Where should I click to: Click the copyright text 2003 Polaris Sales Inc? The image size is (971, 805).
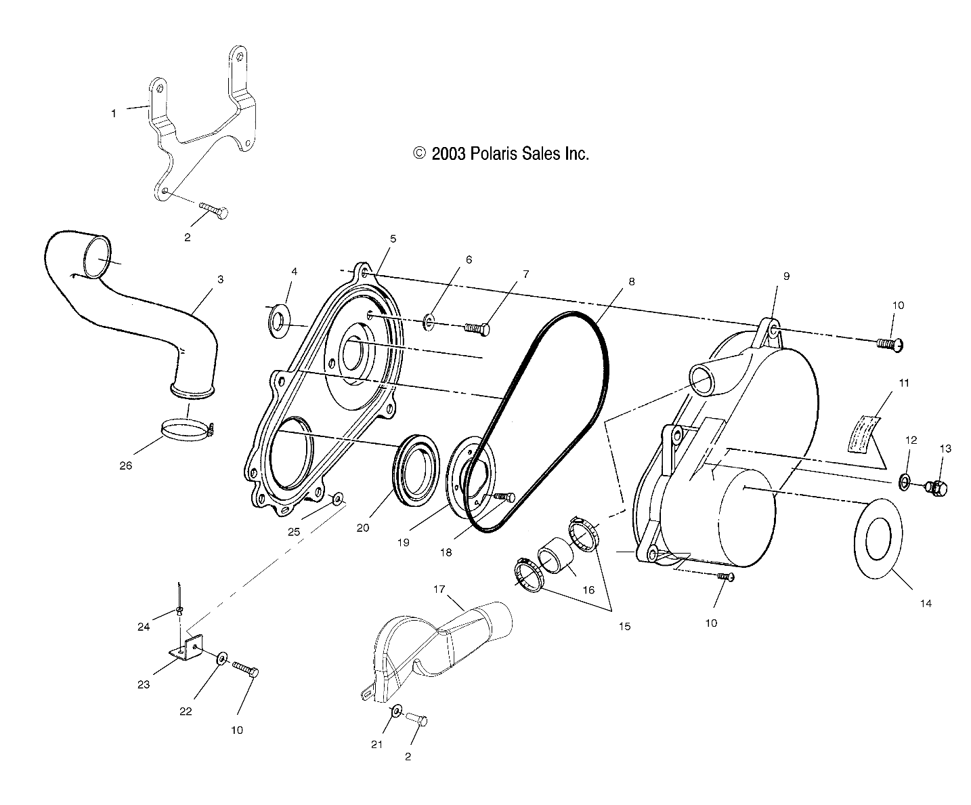coord(501,154)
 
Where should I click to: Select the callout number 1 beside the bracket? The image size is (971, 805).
coord(114,114)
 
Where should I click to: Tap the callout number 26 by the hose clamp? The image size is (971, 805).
coord(126,466)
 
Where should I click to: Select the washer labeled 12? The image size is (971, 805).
coord(905,482)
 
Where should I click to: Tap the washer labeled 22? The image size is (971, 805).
coord(221,658)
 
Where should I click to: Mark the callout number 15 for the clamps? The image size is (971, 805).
coord(624,626)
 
